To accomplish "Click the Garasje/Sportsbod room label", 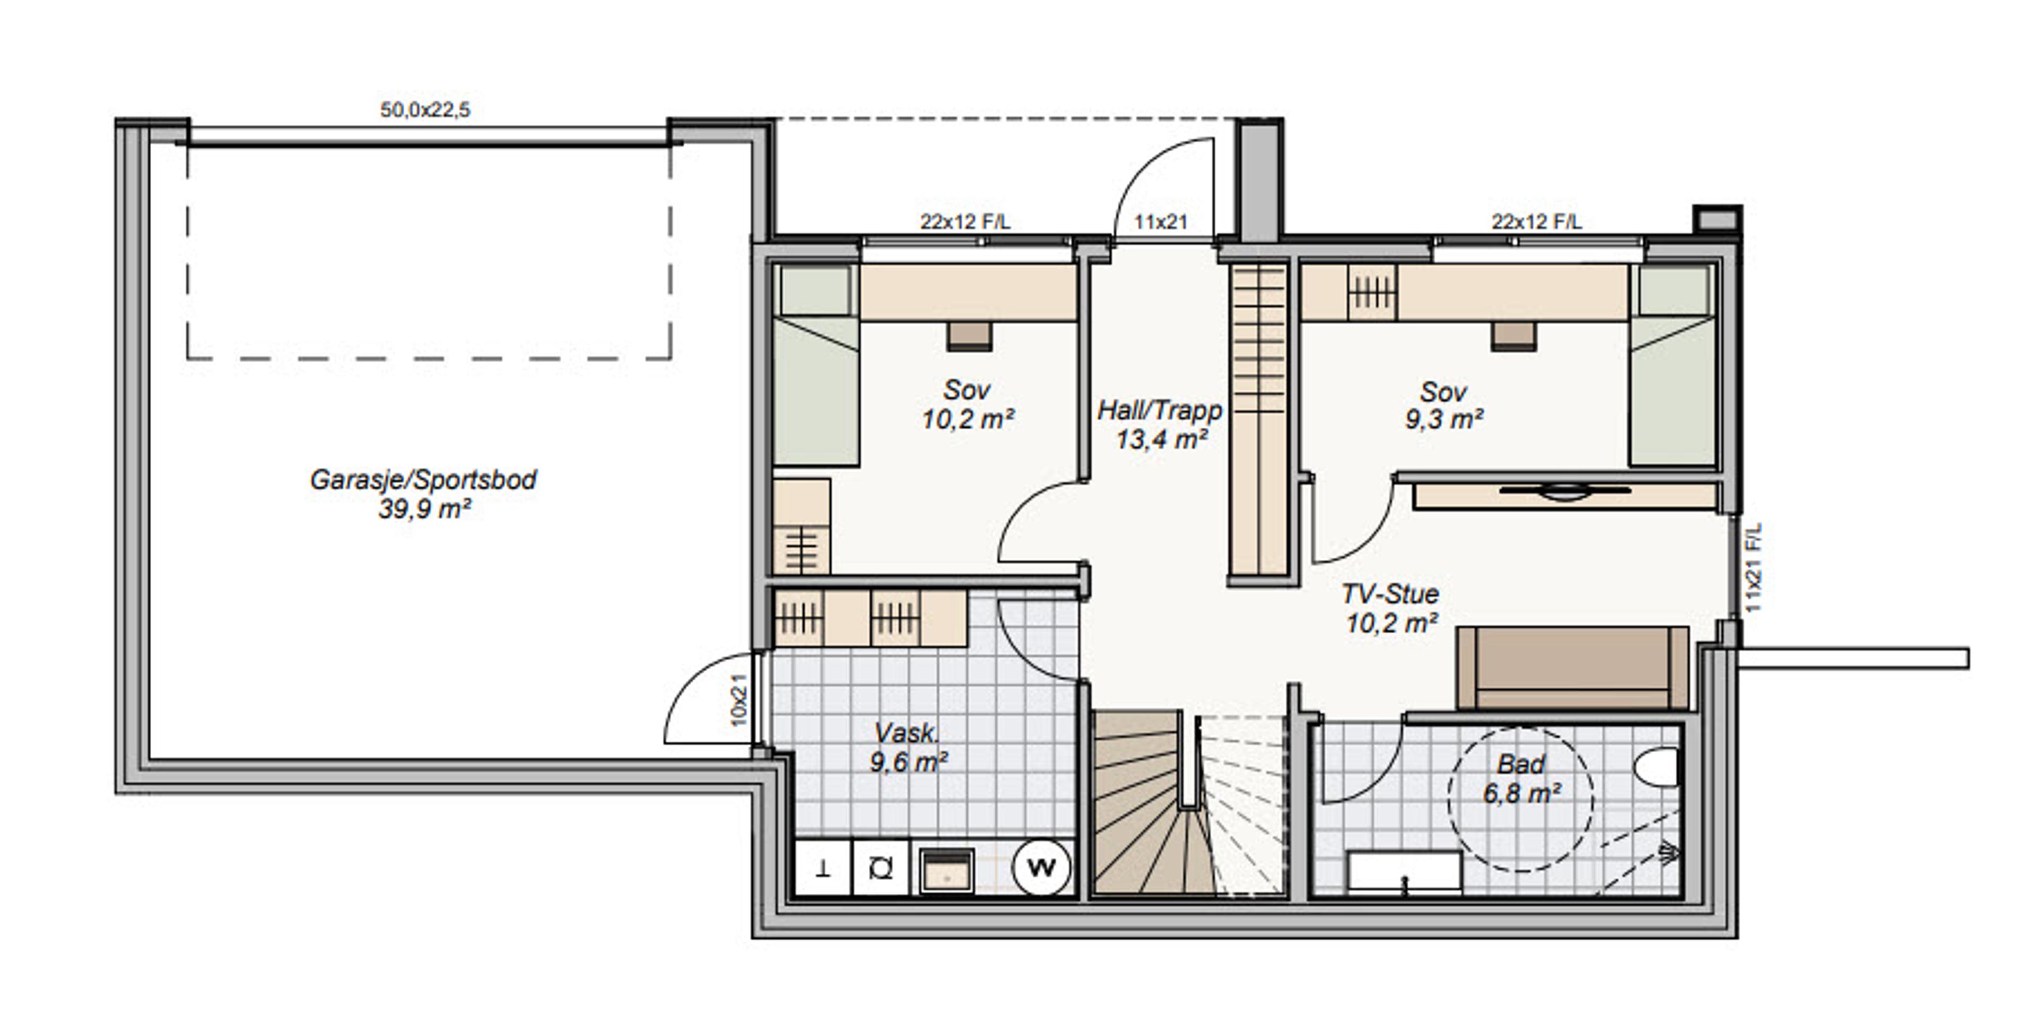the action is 423,479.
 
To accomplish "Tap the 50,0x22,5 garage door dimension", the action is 425,109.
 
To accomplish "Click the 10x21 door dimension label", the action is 738,700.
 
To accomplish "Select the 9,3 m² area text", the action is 1444,419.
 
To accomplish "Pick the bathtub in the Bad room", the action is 1404,872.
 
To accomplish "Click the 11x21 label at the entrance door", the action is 1161,222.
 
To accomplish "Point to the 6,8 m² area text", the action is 1521,792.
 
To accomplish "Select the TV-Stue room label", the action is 1390,593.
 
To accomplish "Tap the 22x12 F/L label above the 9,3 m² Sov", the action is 1536,221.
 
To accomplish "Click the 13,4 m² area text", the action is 1162,439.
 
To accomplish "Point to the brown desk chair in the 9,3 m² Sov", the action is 1513,335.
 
